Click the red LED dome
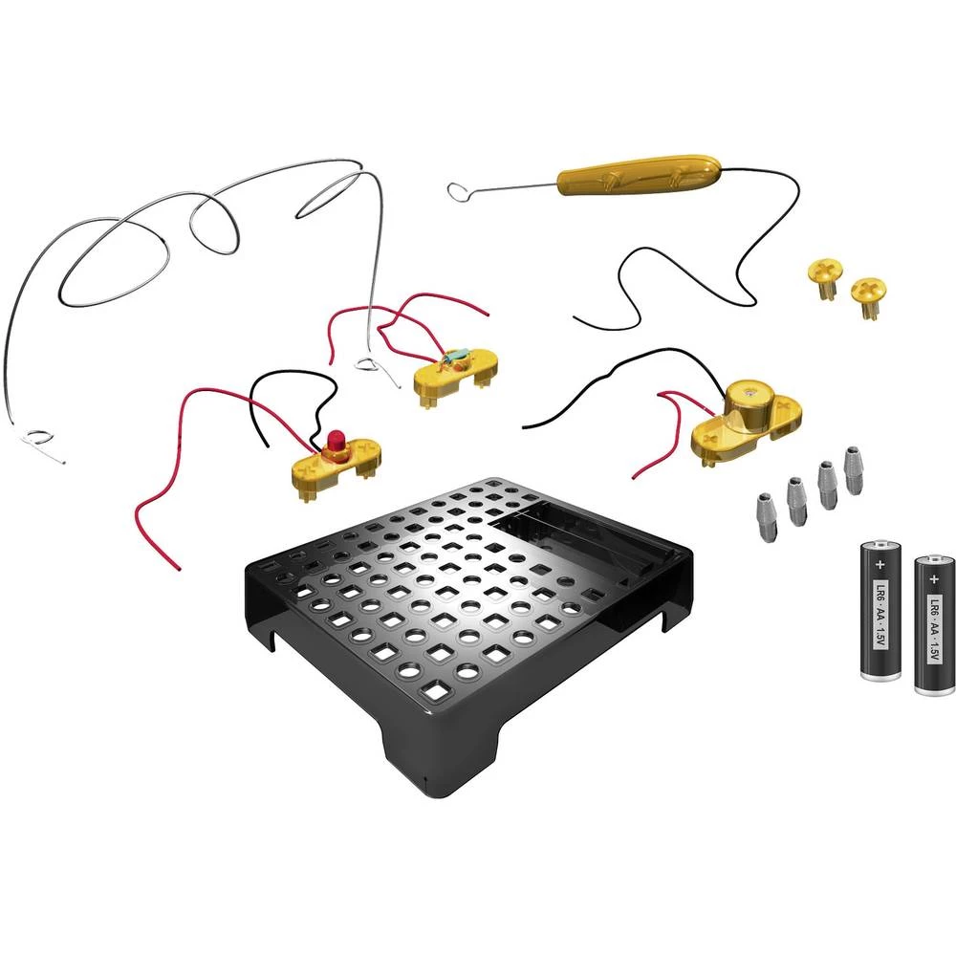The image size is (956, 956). (x=336, y=441)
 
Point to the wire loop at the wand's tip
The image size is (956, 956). (x=460, y=191)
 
